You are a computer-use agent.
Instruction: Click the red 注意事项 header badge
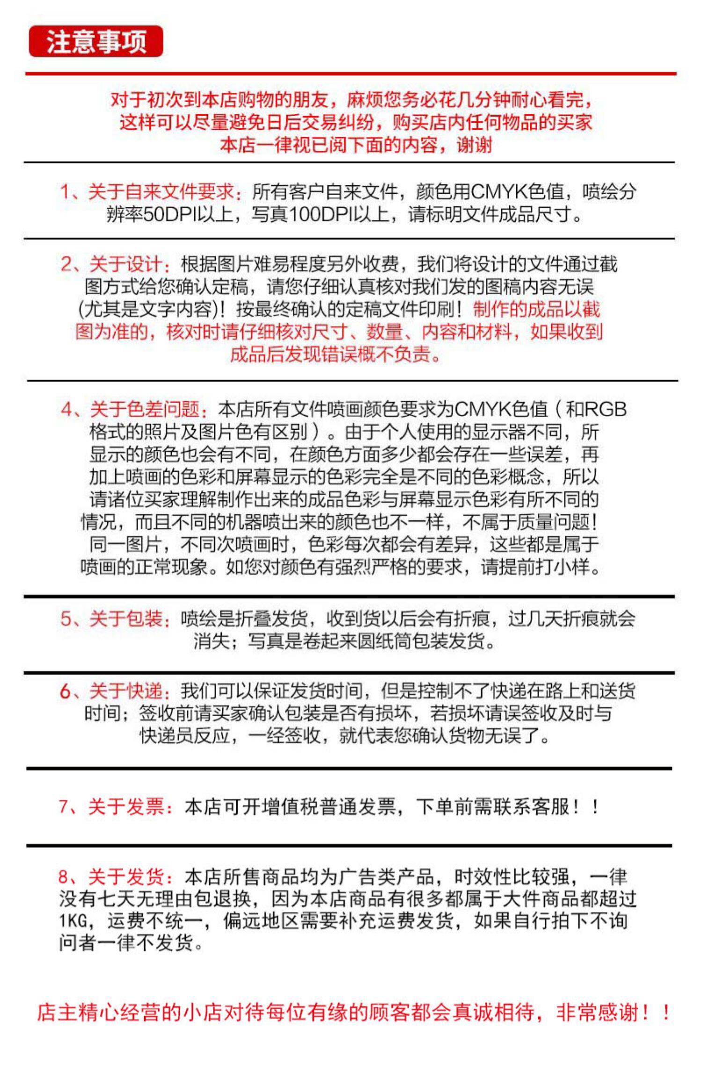(x=96, y=42)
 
